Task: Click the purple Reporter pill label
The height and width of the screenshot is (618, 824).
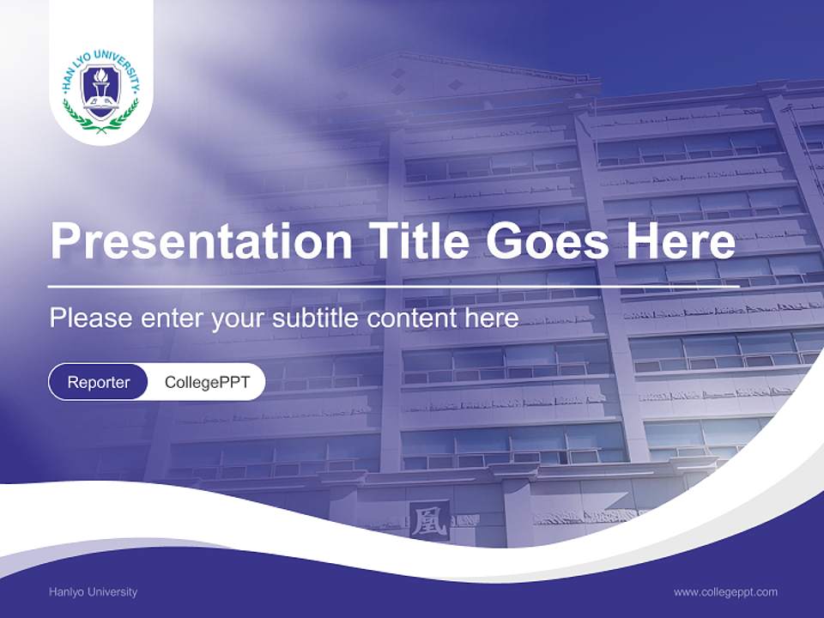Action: point(98,382)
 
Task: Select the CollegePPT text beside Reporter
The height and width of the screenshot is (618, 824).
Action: point(207,382)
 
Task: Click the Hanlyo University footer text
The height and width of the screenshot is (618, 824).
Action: point(93,591)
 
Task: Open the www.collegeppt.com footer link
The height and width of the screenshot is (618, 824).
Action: point(725,591)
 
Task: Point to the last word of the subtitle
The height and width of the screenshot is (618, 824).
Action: point(494,318)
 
